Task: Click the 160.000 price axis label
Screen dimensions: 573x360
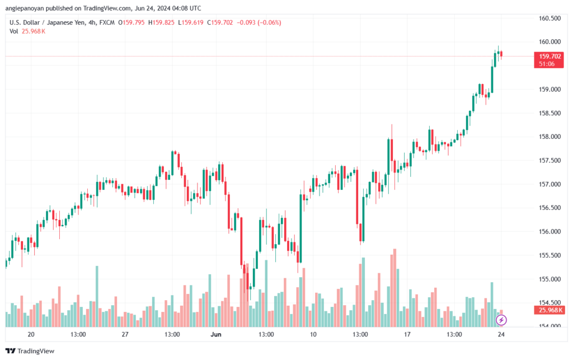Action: click(x=549, y=41)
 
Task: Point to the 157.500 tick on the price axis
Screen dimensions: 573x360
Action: click(x=549, y=161)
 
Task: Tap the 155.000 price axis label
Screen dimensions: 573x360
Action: click(x=549, y=279)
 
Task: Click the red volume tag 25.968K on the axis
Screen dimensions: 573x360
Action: click(x=549, y=310)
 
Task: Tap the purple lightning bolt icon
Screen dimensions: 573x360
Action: click(x=501, y=320)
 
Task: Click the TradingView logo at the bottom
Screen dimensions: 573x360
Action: click(x=30, y=351)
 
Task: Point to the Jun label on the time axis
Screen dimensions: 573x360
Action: click(x=216, y=334)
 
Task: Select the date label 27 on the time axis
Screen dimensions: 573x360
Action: click(x=125, y=334)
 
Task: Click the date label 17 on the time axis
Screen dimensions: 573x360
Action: click(x=407, y=334)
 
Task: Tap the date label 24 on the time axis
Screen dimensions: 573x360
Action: click(x=501, y=334)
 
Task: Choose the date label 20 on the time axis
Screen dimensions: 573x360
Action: click(x=31, y=334)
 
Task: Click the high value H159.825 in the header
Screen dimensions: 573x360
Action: click(x=161, y=22)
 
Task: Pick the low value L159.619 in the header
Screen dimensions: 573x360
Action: click(x=190, y=22)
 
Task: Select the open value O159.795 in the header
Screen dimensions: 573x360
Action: click(x=131, y=22)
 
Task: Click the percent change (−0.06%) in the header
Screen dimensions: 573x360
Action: click(x=269, y=22)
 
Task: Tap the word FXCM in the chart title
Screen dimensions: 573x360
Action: click(x=107, y=22)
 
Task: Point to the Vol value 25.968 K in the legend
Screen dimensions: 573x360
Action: click(x=33, y=31)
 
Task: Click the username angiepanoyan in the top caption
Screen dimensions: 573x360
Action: click(x=25, y=8)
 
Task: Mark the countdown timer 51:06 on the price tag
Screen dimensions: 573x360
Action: click(x=547, y=64)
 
